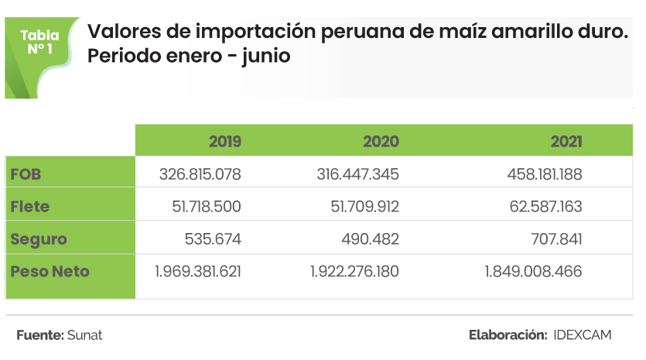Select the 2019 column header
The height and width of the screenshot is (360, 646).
click(225, 142)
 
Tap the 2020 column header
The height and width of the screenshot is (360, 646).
click(381, 142)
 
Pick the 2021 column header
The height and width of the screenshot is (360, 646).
click(566, 142)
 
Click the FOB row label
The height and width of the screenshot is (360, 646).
click(26, 175)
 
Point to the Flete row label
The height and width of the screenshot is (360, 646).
click(30, 207)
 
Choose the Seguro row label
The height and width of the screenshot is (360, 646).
click(39, 239)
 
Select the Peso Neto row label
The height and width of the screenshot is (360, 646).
click(50, 272)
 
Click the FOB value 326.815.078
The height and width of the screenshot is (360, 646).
click(200, 175)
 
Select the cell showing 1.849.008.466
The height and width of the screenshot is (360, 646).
click(533, 272)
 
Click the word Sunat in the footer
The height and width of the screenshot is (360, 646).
click(85, 335)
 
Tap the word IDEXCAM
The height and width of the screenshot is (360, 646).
click(583, 335)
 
